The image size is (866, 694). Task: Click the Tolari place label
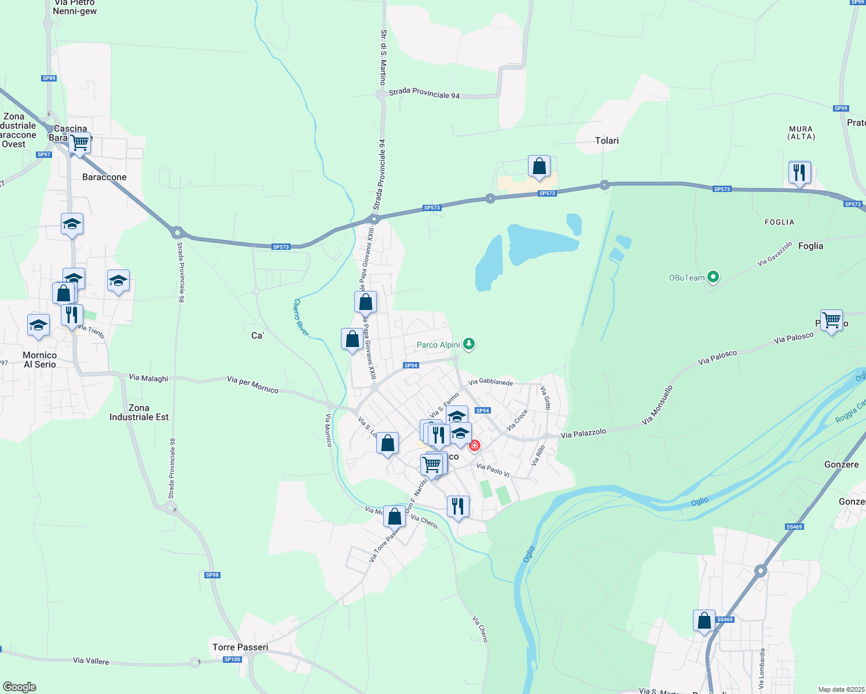(x=607, y=141)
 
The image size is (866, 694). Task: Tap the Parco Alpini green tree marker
(x=469, y=345)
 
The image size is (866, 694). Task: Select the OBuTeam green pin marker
(x=713, y=278)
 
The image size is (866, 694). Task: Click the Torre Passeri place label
(x=240, y=647)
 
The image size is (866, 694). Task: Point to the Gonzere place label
(x=841, y=464)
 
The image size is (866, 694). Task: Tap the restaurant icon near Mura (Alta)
(x=799, y=172)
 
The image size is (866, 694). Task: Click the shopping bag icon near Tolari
(x=539, y=167)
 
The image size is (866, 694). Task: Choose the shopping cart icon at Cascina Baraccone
(x=79, y=142)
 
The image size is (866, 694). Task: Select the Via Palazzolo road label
(x=584, y=433)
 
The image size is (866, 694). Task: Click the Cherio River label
(x=301, y=318)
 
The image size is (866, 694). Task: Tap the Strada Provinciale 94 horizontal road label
(x=424, y=93)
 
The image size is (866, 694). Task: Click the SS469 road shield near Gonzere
(x=794, y=527)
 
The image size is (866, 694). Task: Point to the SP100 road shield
(x=232, y=659)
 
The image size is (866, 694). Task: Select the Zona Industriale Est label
(x=139, y=412)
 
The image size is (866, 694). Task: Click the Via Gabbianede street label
(x=490, y=382)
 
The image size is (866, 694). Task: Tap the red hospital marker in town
(x=475, y=445)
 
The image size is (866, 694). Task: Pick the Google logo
(x=20, y=687)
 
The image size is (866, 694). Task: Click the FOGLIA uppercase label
(x=779, y=222)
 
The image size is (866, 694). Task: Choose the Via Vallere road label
(x=91, y=660)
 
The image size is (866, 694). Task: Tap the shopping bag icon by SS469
(x=704, y=621)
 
